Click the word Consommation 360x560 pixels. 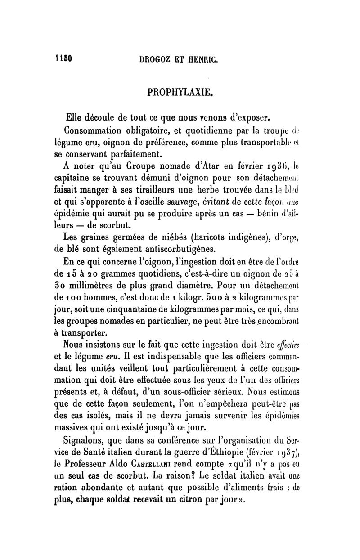[95, 132]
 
